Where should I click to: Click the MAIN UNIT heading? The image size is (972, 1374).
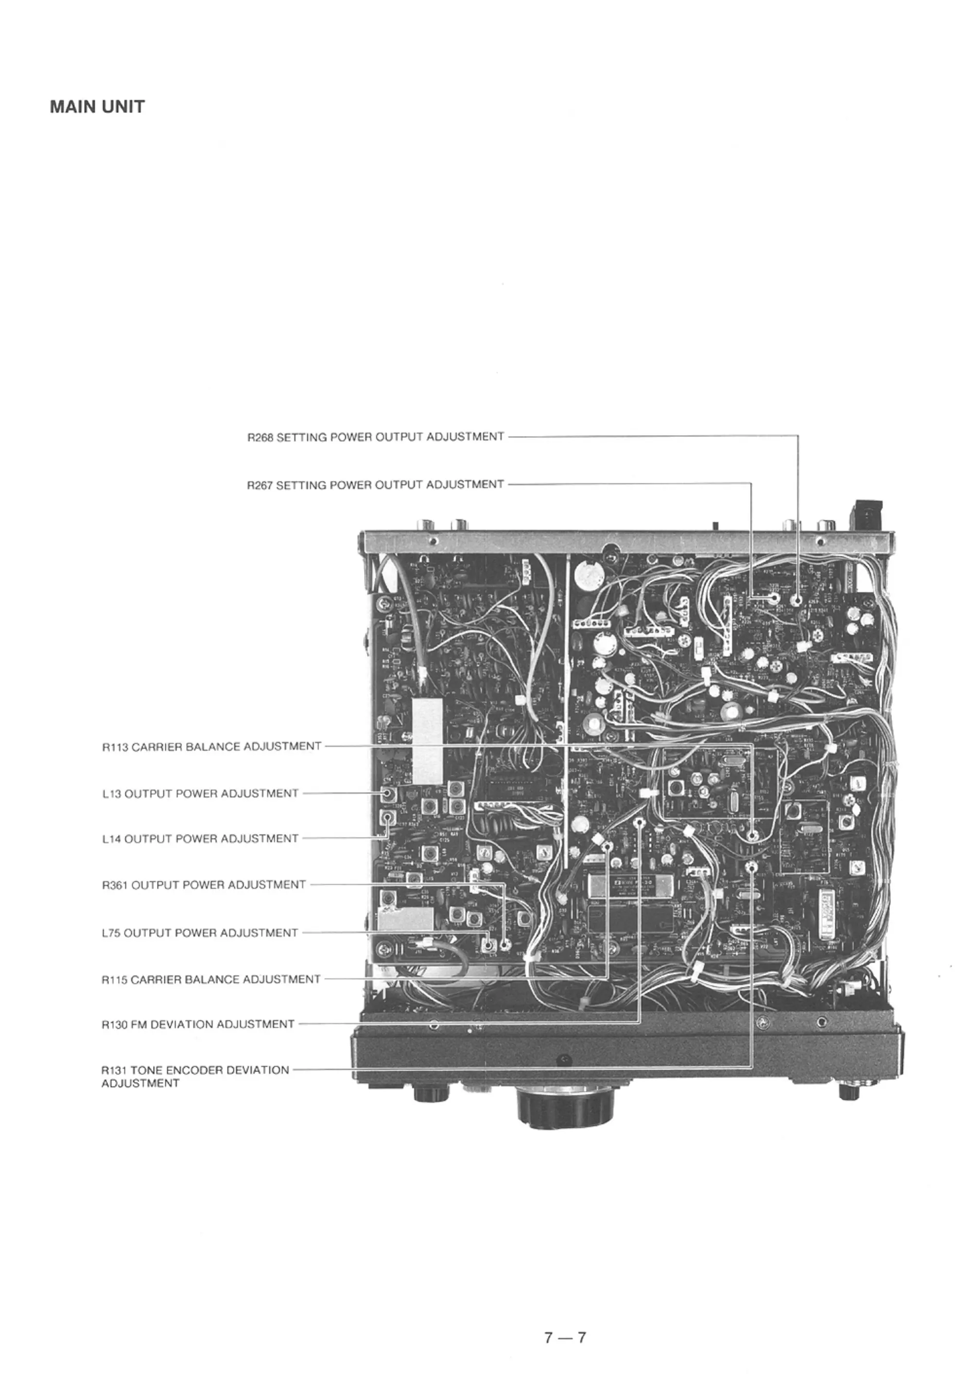[97, 107]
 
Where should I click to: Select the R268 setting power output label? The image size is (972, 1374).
[376, 437]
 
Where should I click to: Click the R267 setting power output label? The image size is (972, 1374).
[376, 484]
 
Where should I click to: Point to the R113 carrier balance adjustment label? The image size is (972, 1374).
[211, 747]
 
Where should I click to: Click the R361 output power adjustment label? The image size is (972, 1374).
[204, 884]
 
